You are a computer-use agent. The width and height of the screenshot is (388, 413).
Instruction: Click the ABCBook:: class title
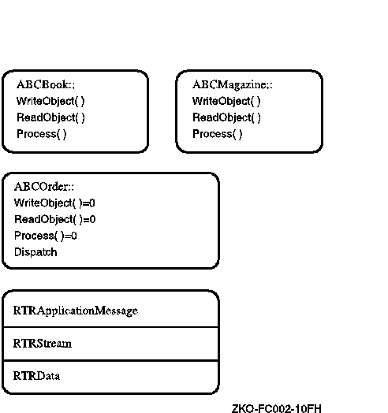point(46,85)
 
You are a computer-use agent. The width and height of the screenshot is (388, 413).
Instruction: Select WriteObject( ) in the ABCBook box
point(50,102)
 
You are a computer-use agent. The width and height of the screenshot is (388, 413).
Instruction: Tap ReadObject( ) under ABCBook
point(50,117)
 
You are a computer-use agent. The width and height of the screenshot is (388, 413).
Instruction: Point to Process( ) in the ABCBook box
point(41,134)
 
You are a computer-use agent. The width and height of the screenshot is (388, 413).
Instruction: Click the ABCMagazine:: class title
point(232,85)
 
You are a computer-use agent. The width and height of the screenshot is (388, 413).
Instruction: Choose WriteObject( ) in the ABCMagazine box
point(226,102)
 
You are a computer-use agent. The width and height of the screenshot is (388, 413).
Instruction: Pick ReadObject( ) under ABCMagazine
point(226,117)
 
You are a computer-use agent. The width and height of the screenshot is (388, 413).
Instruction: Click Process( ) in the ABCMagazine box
point(217,134)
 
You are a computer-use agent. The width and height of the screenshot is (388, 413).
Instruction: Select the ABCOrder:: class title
point(44,187)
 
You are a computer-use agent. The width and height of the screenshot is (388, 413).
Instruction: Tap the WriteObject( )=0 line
point(54,203)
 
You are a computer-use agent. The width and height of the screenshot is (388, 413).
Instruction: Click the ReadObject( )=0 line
point(55,220)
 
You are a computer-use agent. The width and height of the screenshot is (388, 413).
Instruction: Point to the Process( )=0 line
point(46,236)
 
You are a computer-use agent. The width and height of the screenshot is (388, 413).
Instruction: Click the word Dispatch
point(35,252)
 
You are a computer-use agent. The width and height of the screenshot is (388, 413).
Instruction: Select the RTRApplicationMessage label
point(76,311)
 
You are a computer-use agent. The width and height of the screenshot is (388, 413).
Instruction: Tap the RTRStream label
point(43,344)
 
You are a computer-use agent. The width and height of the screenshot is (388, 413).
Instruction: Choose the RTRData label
point(36,376)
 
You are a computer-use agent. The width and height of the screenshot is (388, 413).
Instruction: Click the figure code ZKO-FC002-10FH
point(277,408)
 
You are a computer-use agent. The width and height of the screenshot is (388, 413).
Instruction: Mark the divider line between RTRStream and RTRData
point(110,360)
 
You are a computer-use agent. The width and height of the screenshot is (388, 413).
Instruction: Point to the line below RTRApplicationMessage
point(110,327)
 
